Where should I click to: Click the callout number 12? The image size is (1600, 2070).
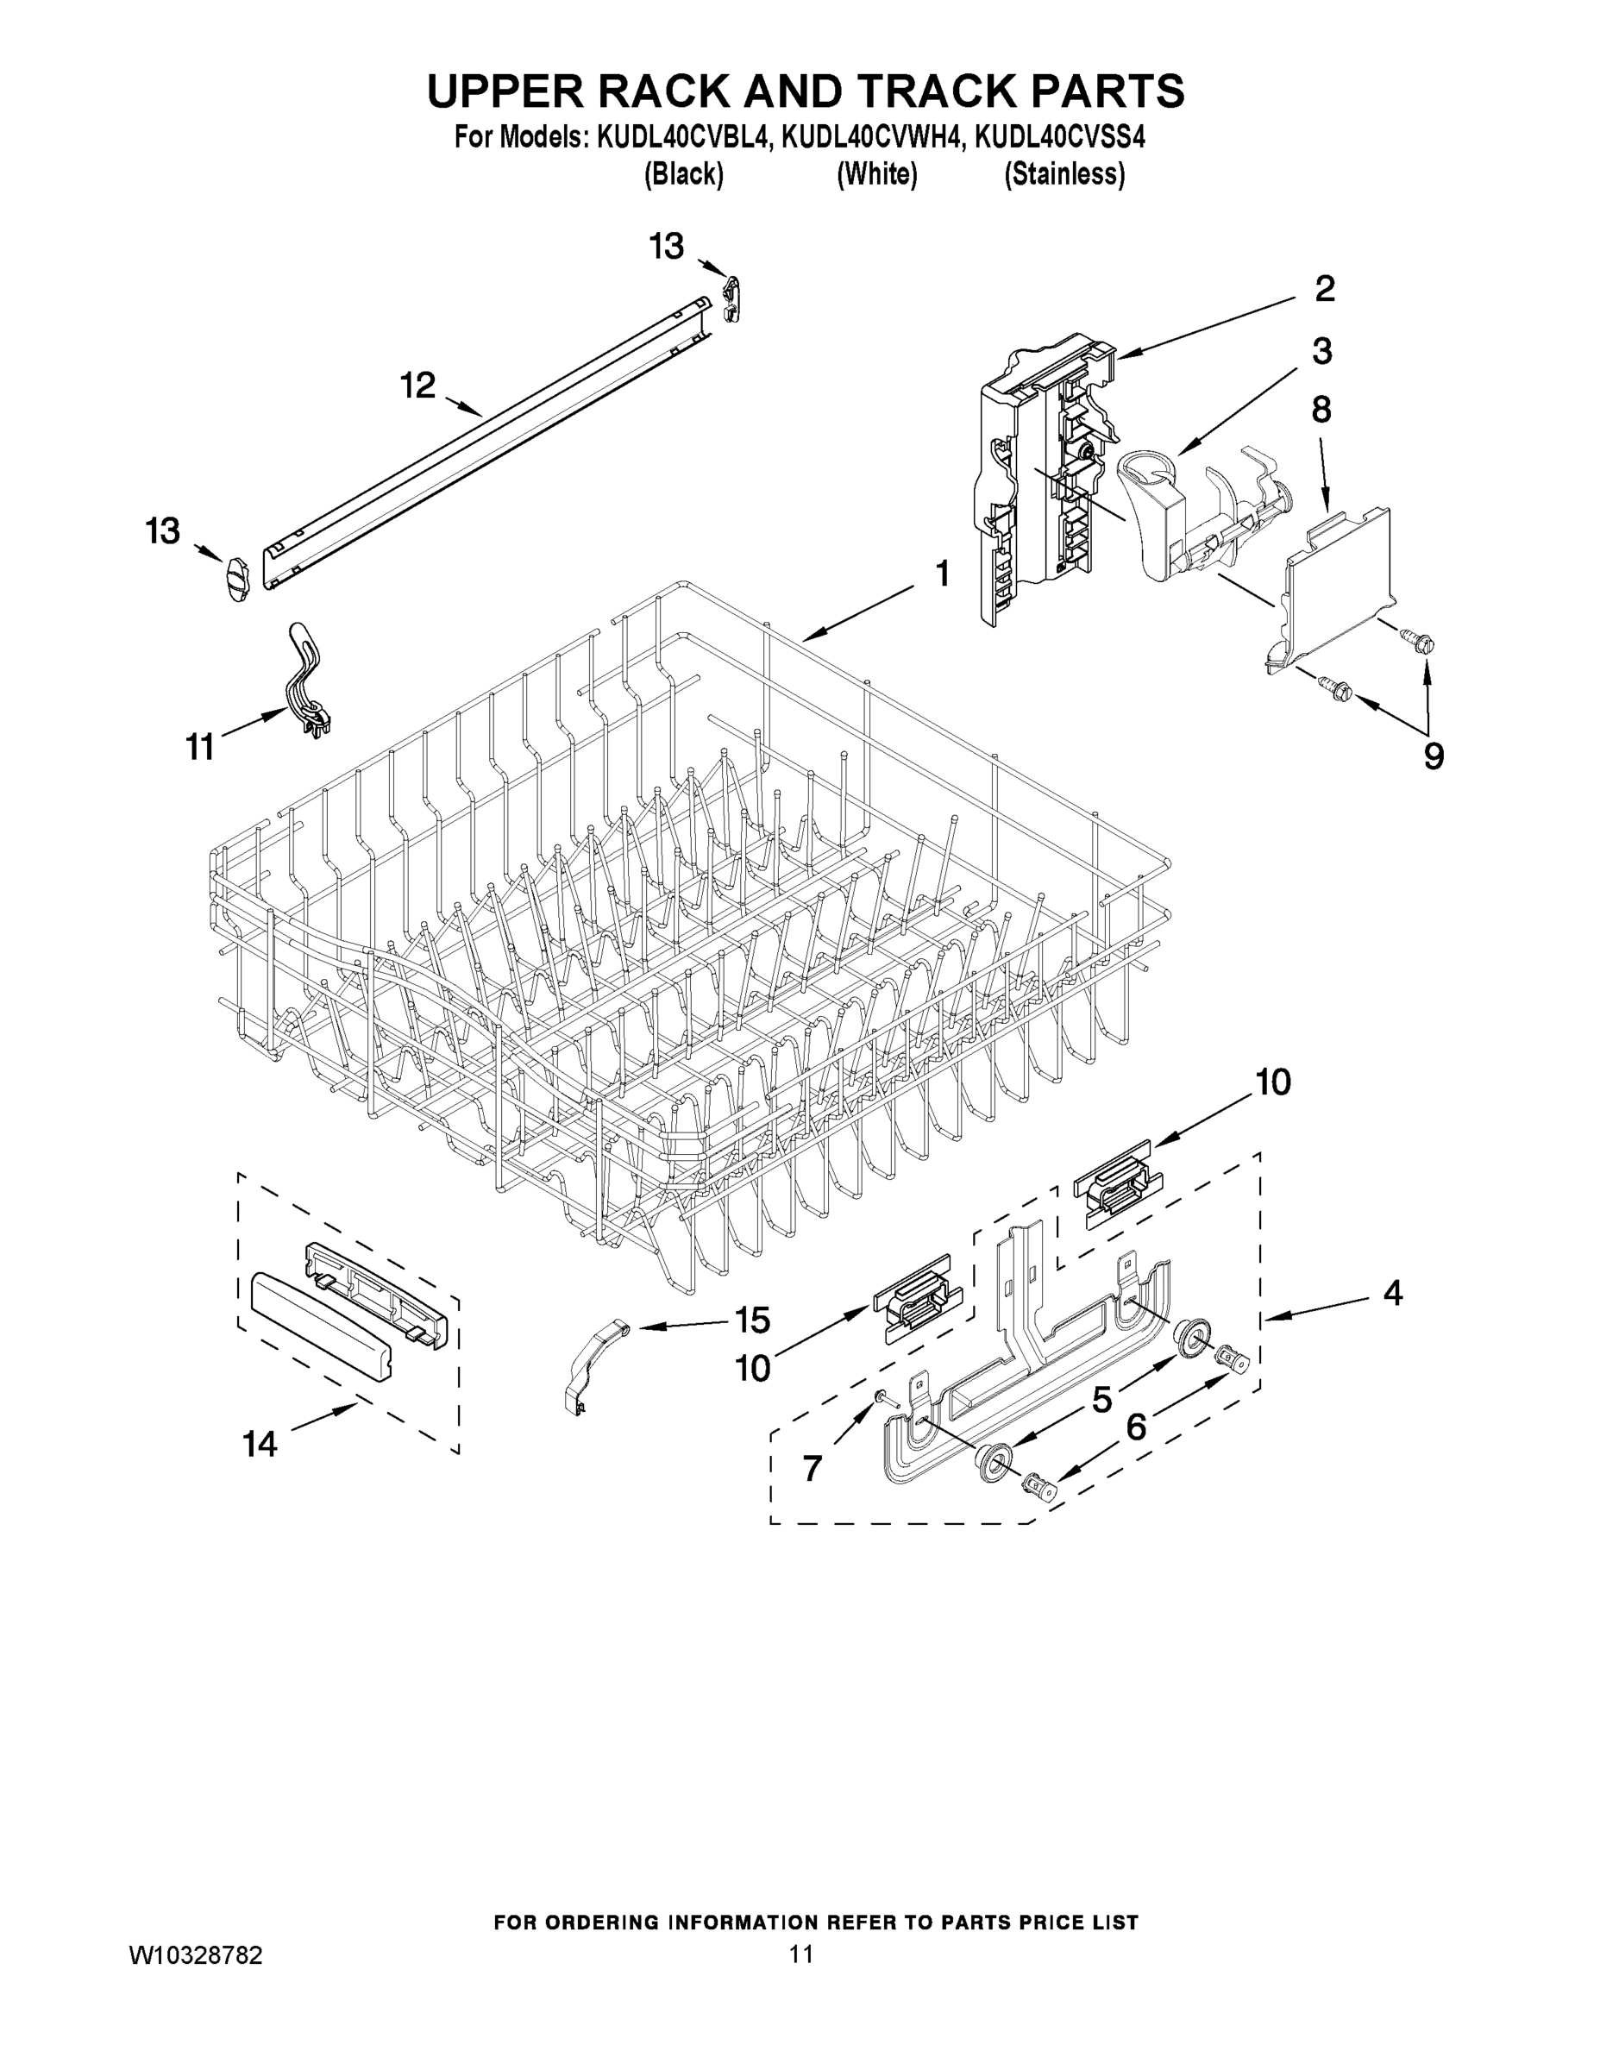(x=417, y=386)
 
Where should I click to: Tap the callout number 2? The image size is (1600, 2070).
(x=1324, y=289)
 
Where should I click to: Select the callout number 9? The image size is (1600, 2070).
(x=1434, y=756)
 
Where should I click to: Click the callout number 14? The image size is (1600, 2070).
(x=259, y=1445)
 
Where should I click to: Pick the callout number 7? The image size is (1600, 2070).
(x=813, y=1468)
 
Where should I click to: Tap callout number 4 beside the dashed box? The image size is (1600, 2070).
(x=1391, y=1293)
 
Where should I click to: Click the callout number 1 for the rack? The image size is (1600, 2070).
(x=941, y=574)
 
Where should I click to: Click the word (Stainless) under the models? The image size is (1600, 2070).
(x=1064, y=175)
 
